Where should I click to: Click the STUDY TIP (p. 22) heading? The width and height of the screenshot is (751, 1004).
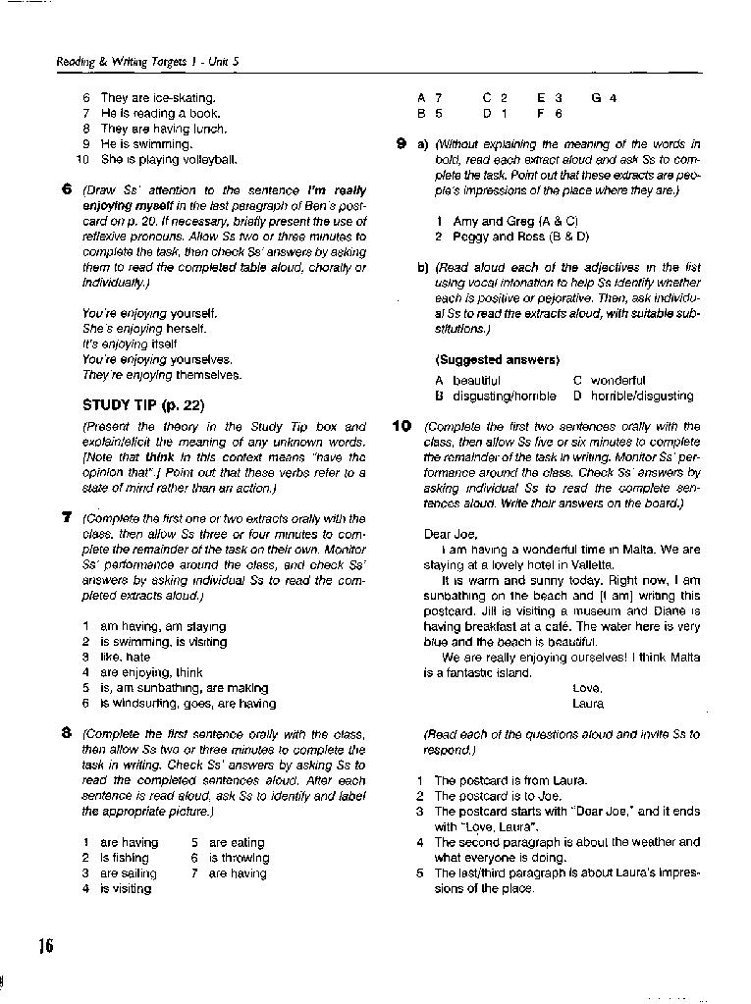click(142, 404)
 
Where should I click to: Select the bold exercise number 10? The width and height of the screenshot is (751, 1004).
click(402, 426)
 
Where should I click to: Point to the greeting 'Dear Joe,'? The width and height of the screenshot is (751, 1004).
click(451, 534)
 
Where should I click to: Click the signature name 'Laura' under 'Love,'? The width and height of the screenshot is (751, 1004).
click(588, 704)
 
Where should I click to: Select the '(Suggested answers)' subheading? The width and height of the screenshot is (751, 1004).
click(498, 359)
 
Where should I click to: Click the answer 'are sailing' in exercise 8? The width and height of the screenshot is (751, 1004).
click(128, 872)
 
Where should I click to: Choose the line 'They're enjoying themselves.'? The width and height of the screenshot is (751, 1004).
click(162, 375)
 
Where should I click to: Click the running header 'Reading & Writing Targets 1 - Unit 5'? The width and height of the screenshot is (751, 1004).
click(148, 61)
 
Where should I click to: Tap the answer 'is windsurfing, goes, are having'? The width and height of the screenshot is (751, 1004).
click(188, 703)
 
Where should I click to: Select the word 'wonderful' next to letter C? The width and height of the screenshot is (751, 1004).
click(618, 380)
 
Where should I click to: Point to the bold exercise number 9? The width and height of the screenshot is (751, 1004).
click(402, 144)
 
